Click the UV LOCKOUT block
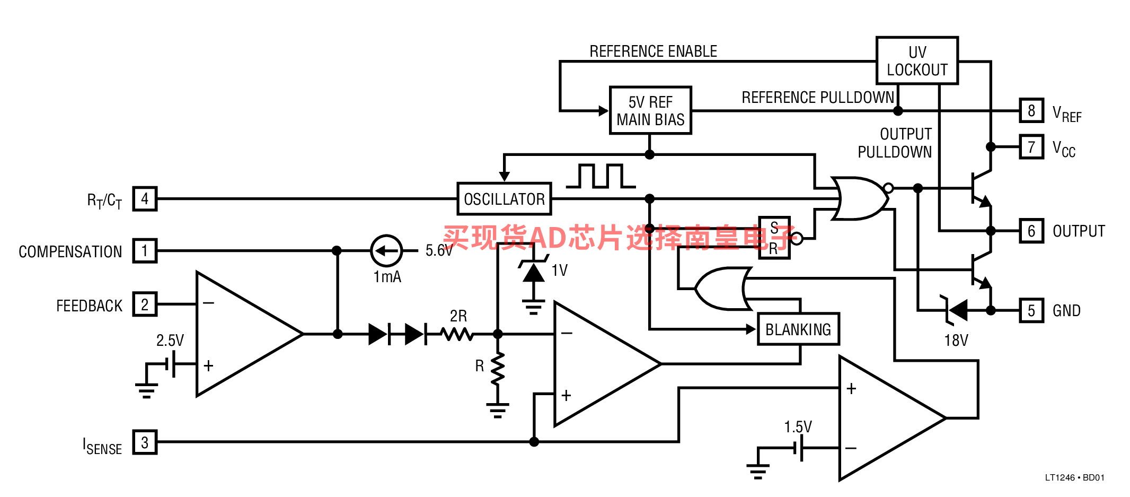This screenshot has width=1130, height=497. (917, 60)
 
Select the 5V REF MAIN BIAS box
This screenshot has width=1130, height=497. (650, 110)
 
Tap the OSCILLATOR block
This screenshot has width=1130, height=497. (504, 199)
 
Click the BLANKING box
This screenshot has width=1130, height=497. (798, 329)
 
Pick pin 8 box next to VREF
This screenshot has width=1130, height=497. (1031, 111)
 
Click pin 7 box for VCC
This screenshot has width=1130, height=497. (1031, 147)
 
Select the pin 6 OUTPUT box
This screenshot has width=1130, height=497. (1031, 231)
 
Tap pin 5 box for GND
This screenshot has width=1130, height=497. (1031, 310)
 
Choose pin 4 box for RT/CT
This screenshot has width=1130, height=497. (145, 199)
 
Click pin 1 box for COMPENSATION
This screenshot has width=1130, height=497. (145, 250)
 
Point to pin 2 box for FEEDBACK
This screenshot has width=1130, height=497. (145, 304)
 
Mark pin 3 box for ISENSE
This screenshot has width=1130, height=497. (145, 442)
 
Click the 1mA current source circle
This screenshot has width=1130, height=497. (386, 250)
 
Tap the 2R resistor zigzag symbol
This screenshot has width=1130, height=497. (457, 334)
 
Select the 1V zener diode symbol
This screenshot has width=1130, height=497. (533, 271)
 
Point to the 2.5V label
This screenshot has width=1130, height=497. (170, 341)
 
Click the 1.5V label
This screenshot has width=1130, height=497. (798, 427)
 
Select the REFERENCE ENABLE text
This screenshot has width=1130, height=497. (653, 51)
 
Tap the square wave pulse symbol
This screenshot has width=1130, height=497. (601, 176)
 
